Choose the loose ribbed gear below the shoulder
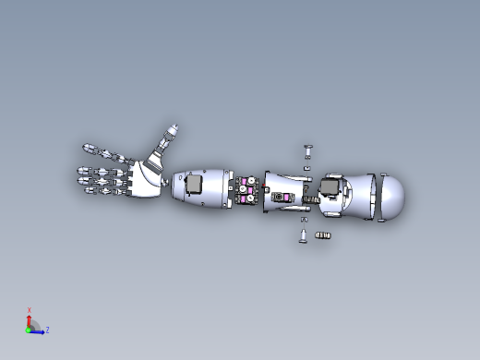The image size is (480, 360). pos(322,237)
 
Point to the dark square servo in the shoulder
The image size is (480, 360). pos(328,191)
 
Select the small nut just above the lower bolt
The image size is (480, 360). pos(304,221)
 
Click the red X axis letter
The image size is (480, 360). pos(30,310)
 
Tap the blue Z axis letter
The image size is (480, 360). pos(47,330)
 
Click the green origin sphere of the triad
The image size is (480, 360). pos(29,329)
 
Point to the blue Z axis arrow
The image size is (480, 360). pos(39,330)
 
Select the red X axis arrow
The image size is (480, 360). pos(30,319)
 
